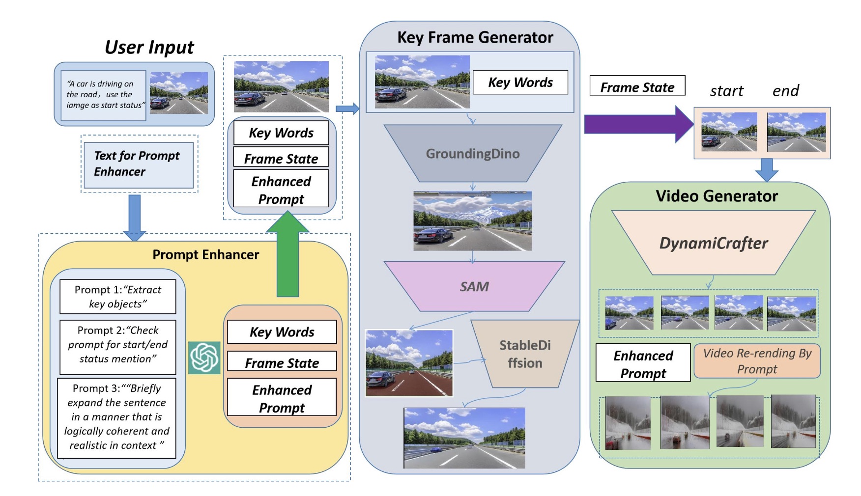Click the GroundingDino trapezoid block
tap(472, 154)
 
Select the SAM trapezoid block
tap(474, 286)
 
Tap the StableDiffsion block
tap(525, 354)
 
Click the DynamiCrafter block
tap(713, 243)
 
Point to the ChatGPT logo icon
tap(204, 358)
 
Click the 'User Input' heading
tap(149, 47)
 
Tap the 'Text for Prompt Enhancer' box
tap(139, 164)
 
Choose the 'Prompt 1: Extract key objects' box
tap(117, 297)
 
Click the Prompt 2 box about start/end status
tap(117, 345)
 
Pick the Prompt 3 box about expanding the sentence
tap(116, 417)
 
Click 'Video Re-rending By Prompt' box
tap(757, 361)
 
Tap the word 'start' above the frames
tap(726, 91)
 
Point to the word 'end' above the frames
tap(785, 91)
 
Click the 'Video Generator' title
tap(717, 196)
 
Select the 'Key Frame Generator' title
tap(475, 37)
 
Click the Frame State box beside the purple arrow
tap(637, 87)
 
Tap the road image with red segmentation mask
tap(409, 363)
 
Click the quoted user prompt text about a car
tap(104, 95)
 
